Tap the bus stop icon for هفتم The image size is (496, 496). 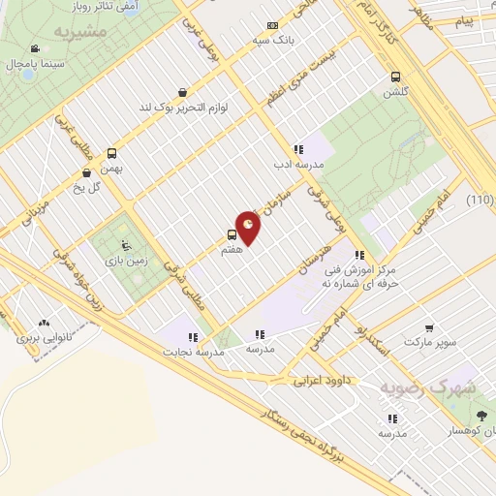(232, 234)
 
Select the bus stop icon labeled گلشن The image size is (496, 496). (395, 77)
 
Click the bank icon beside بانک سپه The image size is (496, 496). (271, 26)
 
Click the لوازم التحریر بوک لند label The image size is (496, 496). (189, 107)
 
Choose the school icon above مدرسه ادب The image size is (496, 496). (298, 149)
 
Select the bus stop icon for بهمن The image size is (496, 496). (112, 153)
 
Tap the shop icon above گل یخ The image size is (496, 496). (88, 174)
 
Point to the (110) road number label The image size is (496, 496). (479, 200)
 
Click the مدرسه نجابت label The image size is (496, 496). (198, 353)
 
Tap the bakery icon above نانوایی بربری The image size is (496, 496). (44, 324)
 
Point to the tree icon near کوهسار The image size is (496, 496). (481, 415)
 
